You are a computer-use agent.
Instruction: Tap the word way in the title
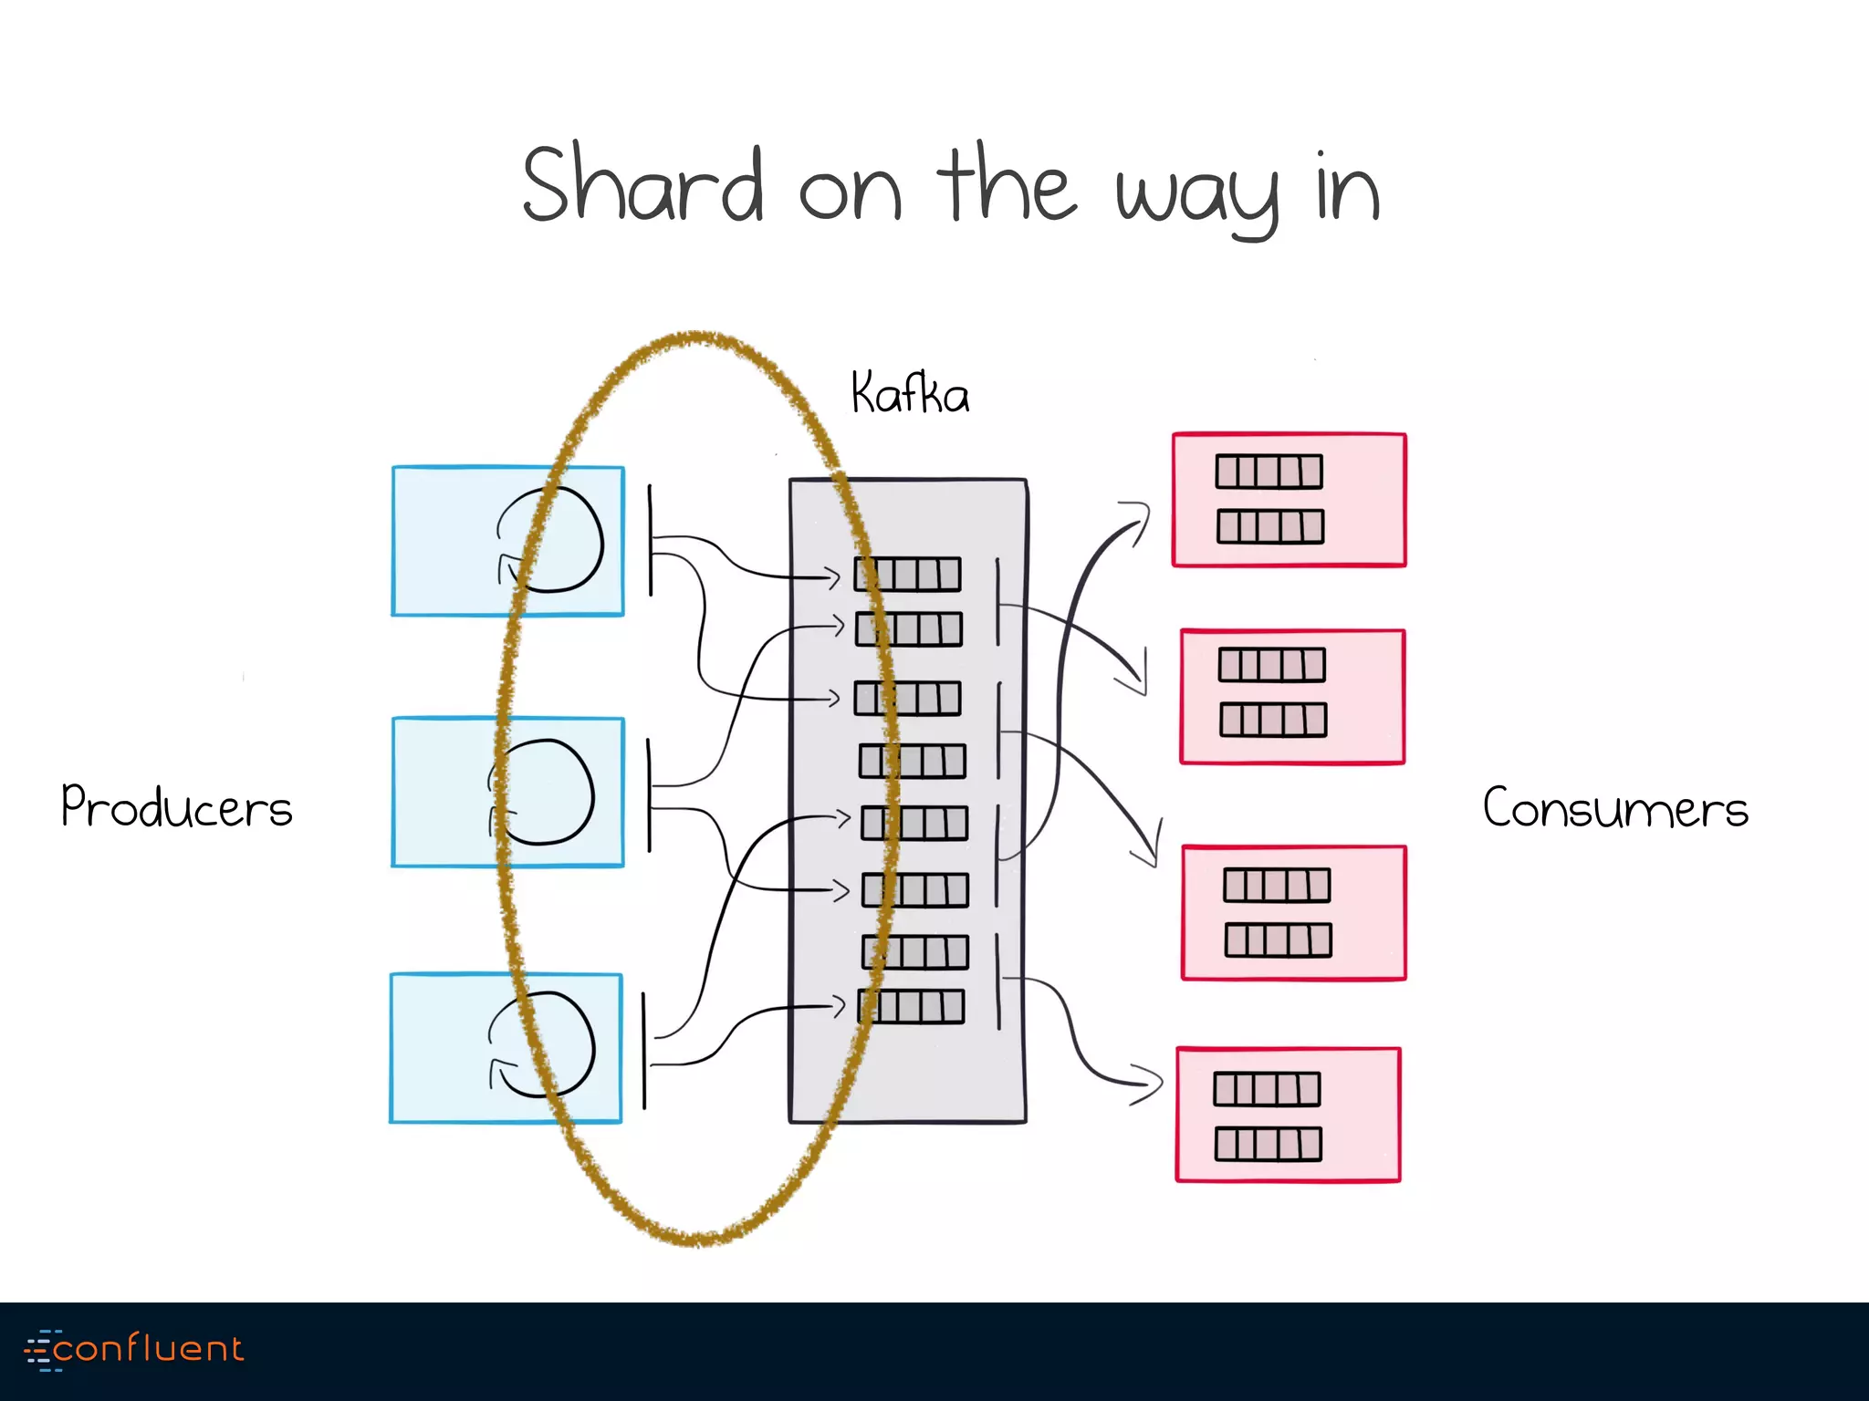(x=1197, y=195)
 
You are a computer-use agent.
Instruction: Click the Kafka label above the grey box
(x=909, y=394)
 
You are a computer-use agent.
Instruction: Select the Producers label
(x=176, y=807)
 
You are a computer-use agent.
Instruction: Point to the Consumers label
(x=1614, y=808)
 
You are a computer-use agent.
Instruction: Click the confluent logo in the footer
(x=135, y=1349)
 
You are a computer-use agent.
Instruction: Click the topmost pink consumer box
(x=1289, y=500)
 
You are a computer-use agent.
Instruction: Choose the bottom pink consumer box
(x=1288, y=1115)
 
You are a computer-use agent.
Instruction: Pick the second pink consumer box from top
(x=1292, y=696)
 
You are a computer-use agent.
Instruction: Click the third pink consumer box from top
(x=1293, y=913)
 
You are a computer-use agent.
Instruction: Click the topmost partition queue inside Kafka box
(x=907, y=575)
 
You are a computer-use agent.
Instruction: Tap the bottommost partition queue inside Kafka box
(x=911, y=1007)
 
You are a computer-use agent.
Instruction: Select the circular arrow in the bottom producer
(x=542, y=1044)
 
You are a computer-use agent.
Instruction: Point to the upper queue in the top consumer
(x=1269, y=472)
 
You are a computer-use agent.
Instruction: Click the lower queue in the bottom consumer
(x=1268, y=1144)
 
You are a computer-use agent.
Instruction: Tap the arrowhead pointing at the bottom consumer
(x=1152, y=1084)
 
